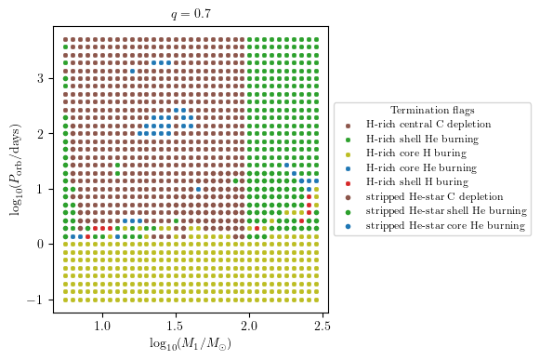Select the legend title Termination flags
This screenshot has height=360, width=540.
pyautogui.click(x=432, y=111)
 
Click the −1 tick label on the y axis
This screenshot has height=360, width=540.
pyautogui.click(x=37, y=300)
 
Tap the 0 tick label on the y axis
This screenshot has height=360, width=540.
pyautogui.click(x=42, y=244)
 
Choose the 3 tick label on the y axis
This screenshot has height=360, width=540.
pyautogui.click(x=42, y=79)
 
